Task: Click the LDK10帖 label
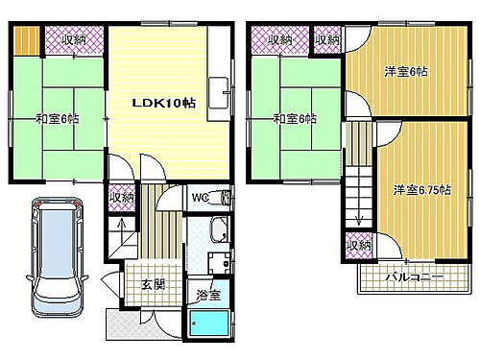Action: [164, 104]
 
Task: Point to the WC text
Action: [201, 199]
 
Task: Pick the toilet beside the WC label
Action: [226, 199]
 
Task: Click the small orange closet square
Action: [27, 40]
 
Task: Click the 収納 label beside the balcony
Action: [359, 247]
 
